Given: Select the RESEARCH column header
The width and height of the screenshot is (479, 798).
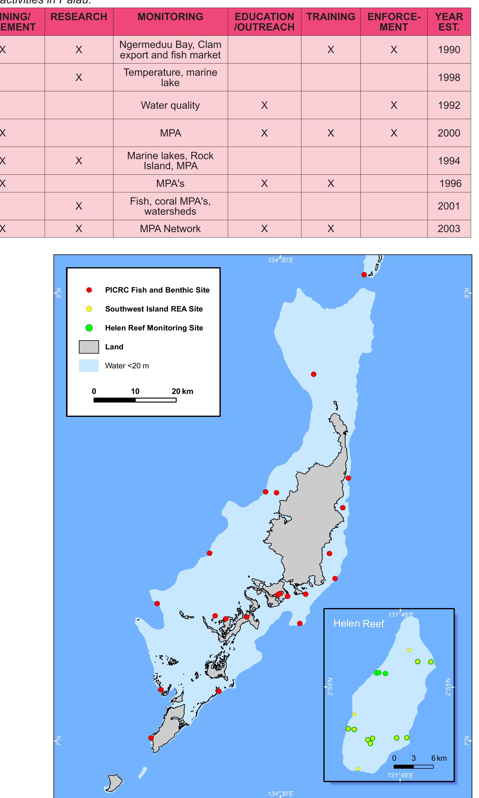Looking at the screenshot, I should [x=79, y=17].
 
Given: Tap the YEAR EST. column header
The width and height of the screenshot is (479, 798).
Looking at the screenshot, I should [x=449, y=22].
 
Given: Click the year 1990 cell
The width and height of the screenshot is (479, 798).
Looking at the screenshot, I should [x=449, y=50].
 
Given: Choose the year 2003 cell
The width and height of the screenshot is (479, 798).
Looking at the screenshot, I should [x=449, y=229].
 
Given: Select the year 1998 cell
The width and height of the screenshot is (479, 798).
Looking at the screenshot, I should [x=449, y=77].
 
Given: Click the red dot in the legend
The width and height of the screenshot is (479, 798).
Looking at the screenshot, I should [x=89, y=290].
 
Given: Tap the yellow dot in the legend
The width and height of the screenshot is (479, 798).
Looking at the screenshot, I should [x=89, y=309].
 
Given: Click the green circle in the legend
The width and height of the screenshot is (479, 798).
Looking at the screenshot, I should [x=89, y=328].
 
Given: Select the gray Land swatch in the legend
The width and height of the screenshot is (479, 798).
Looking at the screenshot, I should [x=89, y=347].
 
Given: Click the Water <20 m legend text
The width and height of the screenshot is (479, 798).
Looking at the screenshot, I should [x=127, y=366].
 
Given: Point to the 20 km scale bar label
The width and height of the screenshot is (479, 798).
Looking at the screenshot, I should [x=182, y=391].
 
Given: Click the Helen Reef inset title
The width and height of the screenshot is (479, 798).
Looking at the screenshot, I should [x=359, y=624].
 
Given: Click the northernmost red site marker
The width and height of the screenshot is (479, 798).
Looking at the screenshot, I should [x=364, y=275].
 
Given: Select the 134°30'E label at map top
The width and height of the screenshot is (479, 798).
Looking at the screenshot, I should [x=281, y=260].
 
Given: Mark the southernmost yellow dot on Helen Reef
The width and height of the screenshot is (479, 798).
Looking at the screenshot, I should [x=358, y=769].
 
